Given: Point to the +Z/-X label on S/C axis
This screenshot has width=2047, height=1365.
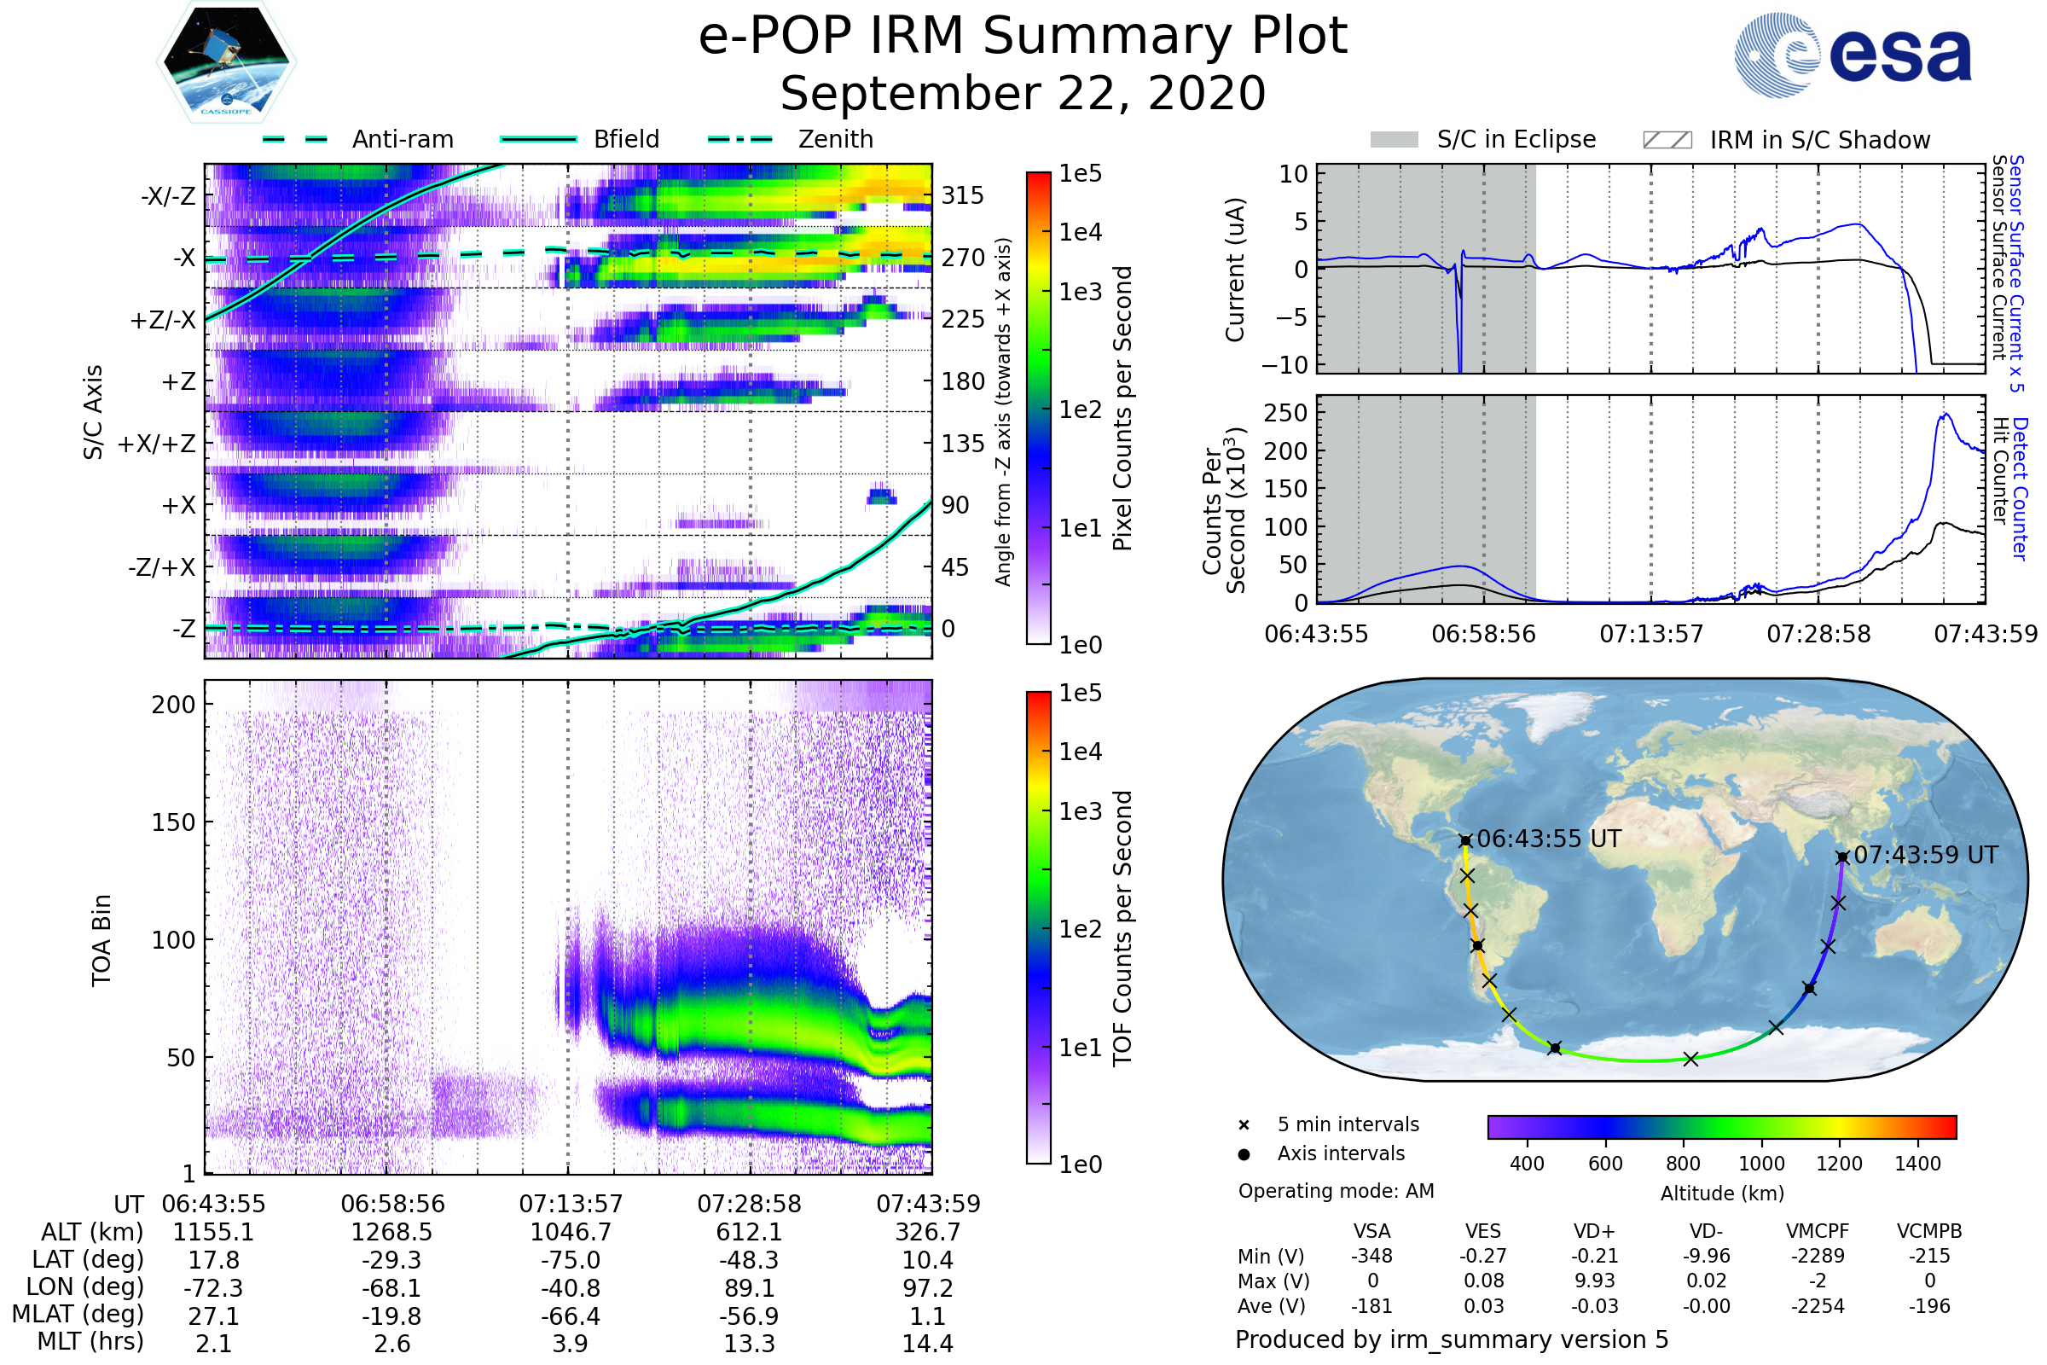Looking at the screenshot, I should tap(163, 321).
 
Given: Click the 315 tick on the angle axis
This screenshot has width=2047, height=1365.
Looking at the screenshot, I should tap(963, 196).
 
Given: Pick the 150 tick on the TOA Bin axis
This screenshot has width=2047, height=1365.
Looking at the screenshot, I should tap(173, 822).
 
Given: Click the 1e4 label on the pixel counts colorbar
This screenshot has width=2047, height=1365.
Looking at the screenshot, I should tap(1080, 232).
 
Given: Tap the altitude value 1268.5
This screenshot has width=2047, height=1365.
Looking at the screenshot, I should tap(391, 1233).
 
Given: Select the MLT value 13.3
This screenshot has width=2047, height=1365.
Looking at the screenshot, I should tap(749, 1343).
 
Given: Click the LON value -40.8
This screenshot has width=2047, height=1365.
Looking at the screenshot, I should tap(570, 1287).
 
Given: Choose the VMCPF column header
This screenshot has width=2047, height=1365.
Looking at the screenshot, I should tap(1818, 1232).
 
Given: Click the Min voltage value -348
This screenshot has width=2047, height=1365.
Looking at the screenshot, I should tap(1371, 1256).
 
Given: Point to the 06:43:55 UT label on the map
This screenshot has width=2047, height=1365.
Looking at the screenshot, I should tap(1549, 839).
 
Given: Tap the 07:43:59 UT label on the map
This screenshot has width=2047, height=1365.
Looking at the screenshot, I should tap(1925, 855).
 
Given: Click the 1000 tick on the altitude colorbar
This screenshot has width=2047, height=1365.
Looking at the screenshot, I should tap(1760, 1164).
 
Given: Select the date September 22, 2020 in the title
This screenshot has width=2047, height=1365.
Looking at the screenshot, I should tap(1023, 94).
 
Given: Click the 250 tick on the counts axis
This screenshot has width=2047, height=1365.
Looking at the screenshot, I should tap(1285, 413).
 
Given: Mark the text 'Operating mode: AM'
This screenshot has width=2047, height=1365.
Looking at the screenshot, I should tap(1336, 1191).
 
